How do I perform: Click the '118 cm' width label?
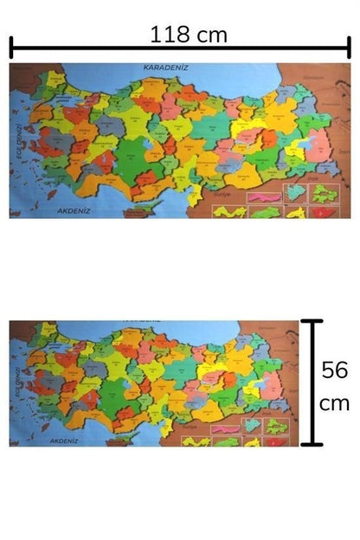[188, 35]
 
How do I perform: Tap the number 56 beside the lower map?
[334, 370]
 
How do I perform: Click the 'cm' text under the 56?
[334, 403]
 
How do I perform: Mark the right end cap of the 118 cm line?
[348, 48]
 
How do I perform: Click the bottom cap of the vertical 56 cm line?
[312, 445]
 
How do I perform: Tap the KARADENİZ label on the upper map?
[165, 67]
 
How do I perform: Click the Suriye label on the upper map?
[215, 196]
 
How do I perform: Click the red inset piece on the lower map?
[279, 441]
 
